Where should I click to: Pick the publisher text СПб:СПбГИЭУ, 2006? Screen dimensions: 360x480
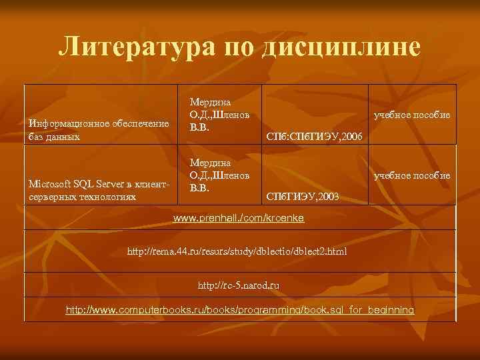click(313, 137)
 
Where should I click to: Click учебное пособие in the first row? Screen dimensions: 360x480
click(412, 115)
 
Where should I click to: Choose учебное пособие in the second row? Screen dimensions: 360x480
click(412, 175)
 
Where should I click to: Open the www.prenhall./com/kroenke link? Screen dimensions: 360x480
click(239, 218)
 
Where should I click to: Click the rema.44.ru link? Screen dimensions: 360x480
click(237, 251)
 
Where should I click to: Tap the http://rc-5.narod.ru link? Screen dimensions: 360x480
click(238, 285)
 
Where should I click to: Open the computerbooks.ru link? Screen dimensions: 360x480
click(239, 310)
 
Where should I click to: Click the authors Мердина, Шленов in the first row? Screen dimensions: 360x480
click(220, 114)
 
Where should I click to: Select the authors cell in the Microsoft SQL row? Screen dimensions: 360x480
click(220, 175)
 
